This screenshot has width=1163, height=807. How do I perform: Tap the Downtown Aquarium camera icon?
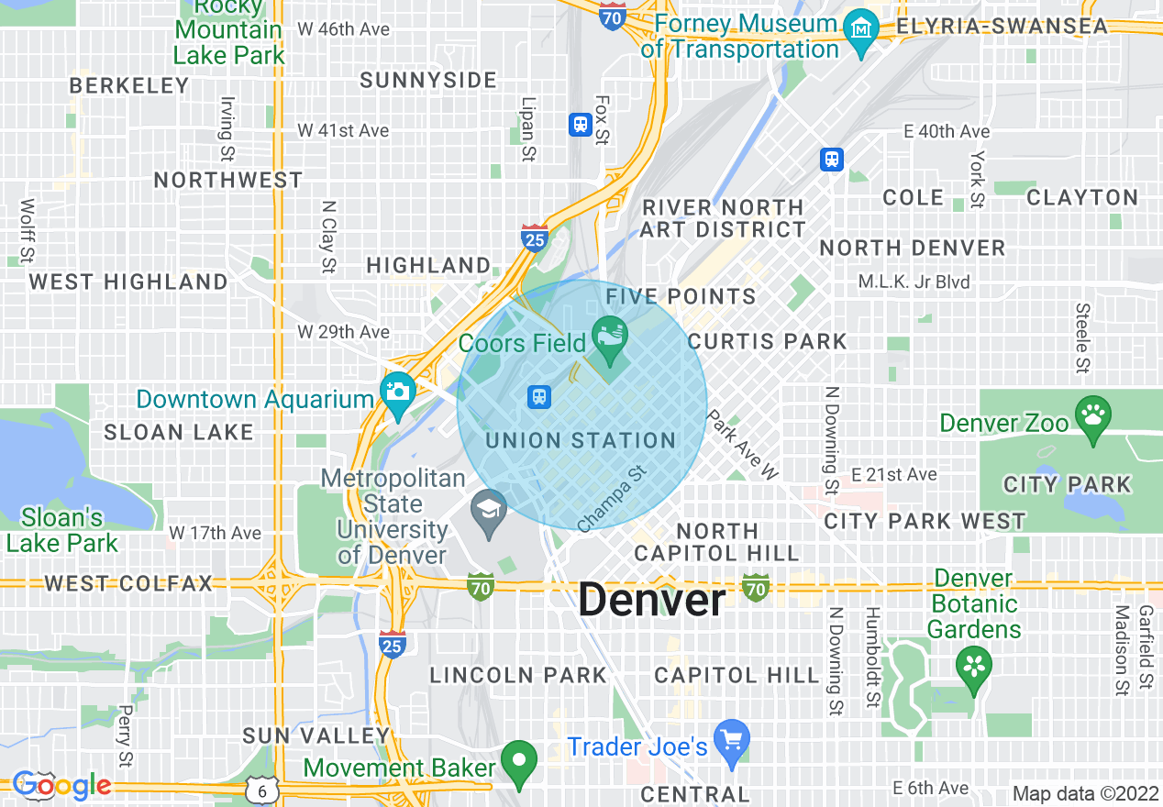click(399, 391)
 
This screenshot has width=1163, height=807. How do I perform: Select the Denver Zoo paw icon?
click(1092, 415)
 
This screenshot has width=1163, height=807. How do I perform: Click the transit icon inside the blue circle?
click(539, 396)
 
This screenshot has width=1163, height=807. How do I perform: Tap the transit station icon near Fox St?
click(580, 124)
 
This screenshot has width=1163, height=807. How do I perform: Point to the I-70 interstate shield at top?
click(613, 15)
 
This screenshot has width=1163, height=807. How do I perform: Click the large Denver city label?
click(651, 601)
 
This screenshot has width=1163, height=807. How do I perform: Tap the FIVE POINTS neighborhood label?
click(681, 296)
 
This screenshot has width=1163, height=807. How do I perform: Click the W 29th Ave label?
click(343, 332)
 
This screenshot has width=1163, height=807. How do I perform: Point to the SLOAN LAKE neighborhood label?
click(178, 432)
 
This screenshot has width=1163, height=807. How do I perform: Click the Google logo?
click(62, 785)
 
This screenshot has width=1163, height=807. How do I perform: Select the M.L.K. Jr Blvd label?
click(914, 282)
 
